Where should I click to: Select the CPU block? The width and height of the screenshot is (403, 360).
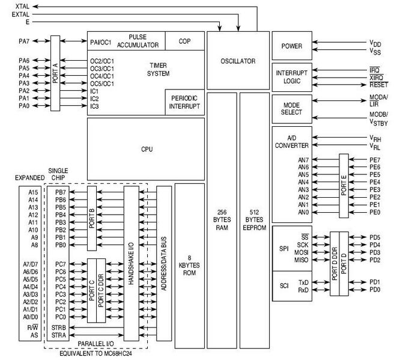pos(146,148)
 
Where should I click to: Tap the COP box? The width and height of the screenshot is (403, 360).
pos(184,41)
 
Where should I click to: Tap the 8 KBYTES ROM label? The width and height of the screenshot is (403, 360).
pos(189,265)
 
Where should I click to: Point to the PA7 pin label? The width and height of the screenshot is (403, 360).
pos(25,41)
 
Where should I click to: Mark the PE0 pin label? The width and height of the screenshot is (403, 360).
pos(375,212)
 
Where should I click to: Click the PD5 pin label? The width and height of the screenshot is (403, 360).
pos(375,237)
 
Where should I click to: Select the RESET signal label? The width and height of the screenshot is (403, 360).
pos(379,85)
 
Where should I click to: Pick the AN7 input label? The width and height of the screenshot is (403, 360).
pos(304,160)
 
